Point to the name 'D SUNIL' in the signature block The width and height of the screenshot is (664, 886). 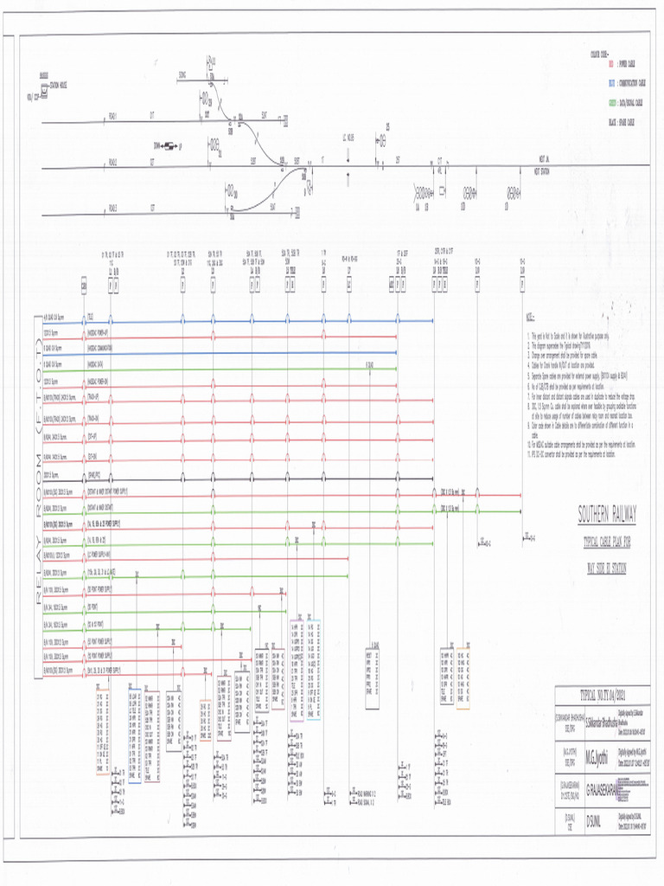point(599,818)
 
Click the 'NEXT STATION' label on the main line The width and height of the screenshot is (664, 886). point(542,170)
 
